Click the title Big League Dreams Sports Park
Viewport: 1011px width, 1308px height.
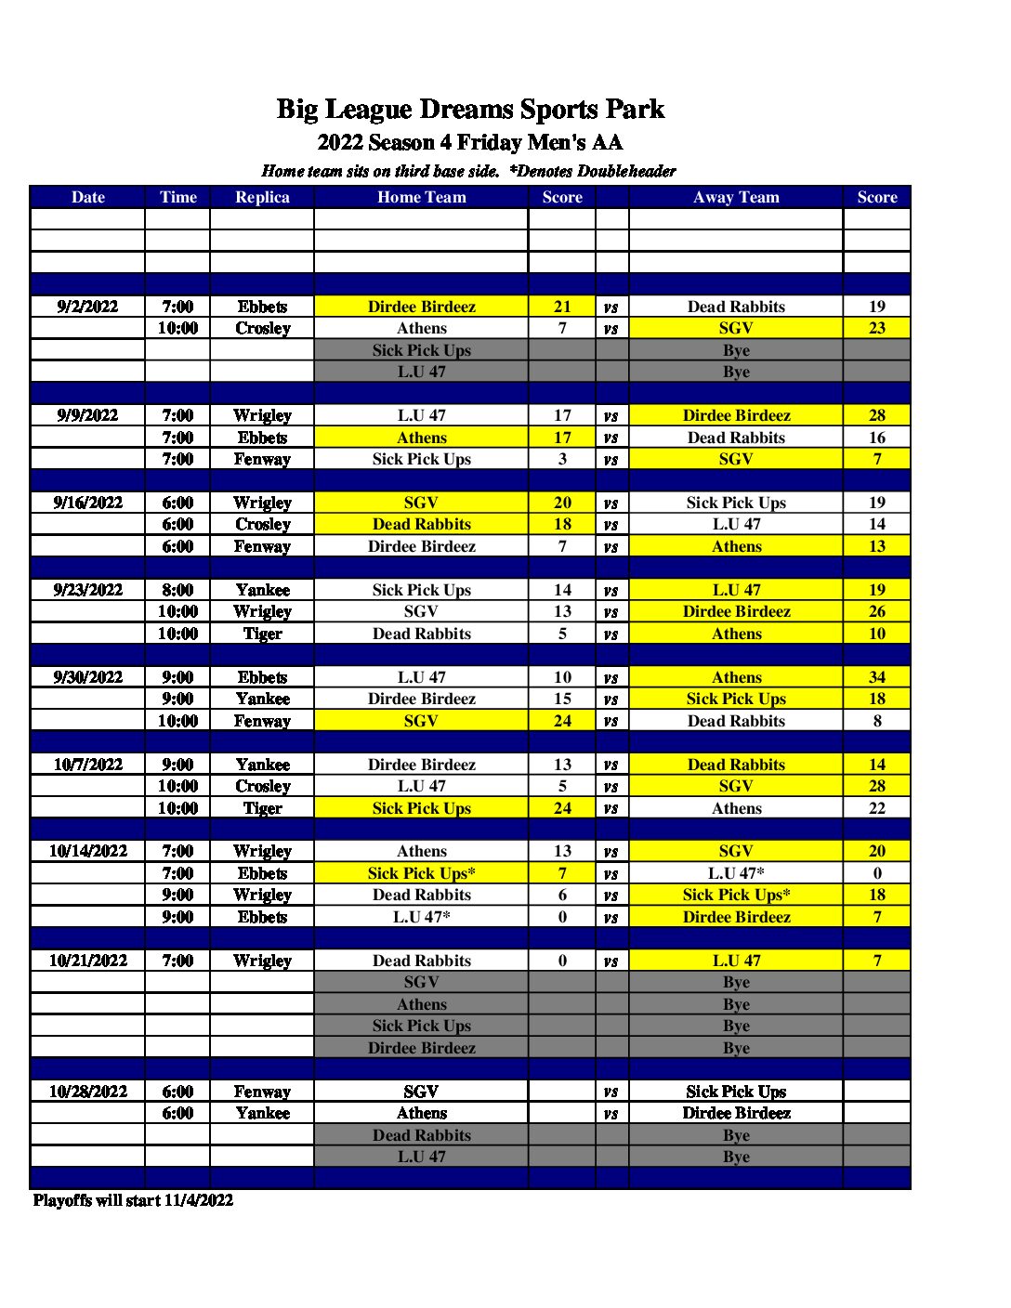470,110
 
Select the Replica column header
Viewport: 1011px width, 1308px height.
262,197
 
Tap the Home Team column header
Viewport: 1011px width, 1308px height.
421,197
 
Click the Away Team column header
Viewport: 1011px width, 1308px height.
736,197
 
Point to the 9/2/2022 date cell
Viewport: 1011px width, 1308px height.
87,307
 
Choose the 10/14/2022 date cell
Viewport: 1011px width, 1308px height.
87,851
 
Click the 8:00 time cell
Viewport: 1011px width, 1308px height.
177,590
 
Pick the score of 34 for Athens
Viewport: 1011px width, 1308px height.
876,677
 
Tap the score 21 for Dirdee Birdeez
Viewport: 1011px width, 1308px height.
562,307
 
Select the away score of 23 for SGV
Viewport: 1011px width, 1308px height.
876,328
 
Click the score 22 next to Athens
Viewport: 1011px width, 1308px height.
876,808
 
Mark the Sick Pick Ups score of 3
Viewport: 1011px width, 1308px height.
562,459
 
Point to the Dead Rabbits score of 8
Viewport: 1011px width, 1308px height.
876,721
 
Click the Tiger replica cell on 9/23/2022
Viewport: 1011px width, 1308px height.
262,634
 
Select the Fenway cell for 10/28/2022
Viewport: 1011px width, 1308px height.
262,1092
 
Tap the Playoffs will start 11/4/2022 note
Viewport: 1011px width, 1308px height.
133,1200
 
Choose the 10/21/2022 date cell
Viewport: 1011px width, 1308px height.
87,961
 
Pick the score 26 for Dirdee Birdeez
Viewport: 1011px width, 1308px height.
876,611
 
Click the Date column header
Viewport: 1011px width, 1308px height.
87,197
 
